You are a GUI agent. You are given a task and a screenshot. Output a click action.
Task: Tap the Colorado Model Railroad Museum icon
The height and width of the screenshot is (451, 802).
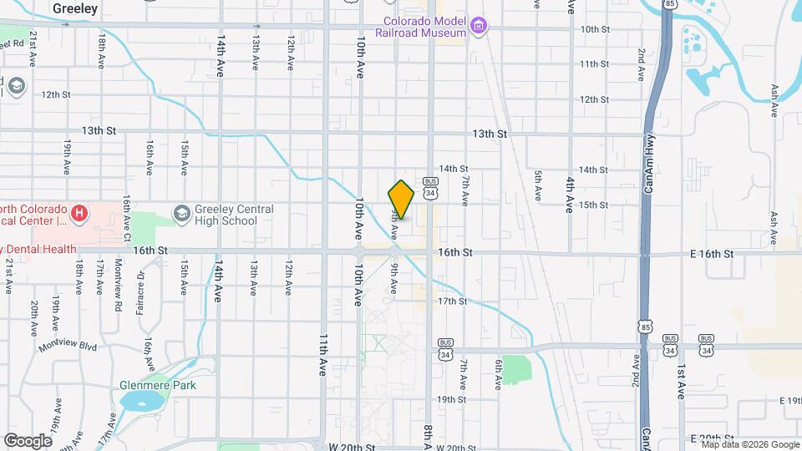479,27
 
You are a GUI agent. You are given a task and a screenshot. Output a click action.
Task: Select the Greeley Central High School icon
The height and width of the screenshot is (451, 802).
180,215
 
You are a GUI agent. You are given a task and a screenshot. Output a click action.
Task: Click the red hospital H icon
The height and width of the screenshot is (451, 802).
79,215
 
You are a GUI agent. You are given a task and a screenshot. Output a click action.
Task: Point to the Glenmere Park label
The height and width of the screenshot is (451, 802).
157,385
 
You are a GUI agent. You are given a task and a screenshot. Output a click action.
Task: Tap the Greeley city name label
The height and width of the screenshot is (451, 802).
75,8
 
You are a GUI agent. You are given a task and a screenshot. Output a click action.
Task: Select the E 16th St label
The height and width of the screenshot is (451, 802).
712,253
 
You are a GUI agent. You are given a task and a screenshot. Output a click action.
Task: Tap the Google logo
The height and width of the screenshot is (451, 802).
28,440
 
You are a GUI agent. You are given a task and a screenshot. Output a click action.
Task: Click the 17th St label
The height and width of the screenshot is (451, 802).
452,301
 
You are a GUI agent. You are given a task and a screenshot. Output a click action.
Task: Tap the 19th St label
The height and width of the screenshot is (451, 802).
452,399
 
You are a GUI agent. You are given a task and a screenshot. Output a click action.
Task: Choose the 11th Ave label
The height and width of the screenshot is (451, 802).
322,355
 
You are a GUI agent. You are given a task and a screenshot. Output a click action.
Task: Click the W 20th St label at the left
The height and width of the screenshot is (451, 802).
352,448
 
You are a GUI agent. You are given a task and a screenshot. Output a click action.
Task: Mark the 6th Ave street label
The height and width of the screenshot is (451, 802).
498,374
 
